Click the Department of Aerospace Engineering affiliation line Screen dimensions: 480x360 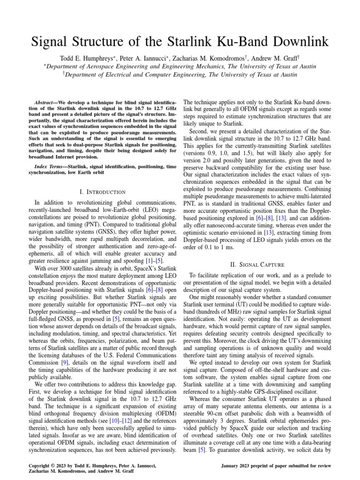pos(180,67)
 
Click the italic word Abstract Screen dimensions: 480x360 pos(46,102)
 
